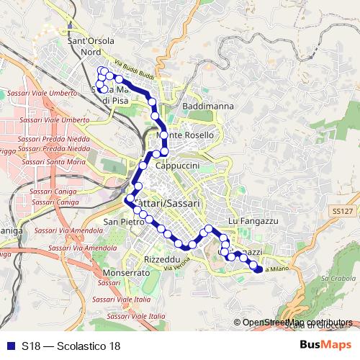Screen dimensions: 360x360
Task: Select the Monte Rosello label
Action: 186,135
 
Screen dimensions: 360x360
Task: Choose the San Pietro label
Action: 120,221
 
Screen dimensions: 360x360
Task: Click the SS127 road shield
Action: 344,211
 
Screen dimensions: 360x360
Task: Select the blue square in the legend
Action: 8,346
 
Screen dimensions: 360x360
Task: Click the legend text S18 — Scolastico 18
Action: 71,346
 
